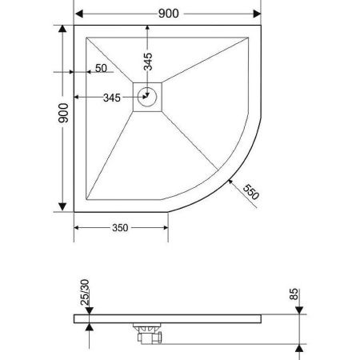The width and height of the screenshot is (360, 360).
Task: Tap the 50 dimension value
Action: pos(100,68)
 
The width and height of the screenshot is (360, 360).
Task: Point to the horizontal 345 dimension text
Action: pos(110,98)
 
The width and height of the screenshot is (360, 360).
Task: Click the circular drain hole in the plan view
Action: pos(147,98)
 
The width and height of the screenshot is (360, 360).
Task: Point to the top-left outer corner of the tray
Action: pos(74,25)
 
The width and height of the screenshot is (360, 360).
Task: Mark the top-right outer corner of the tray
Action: pos(261,25)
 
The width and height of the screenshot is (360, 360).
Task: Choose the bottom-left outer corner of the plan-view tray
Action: pos(74,212)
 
